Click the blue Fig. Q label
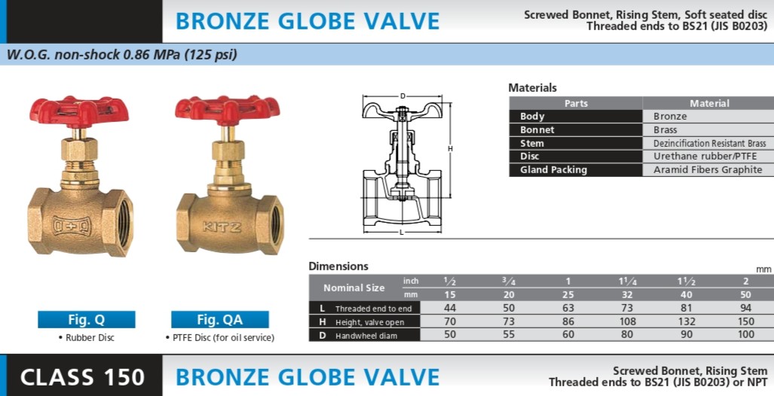[87, 319]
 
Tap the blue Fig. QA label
[220, 319]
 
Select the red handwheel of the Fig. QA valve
[228, 110]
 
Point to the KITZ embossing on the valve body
[222, 227]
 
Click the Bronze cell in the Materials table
[670, 117]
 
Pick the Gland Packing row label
[553, 169]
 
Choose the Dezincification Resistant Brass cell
[710, 144]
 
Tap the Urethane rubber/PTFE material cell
[705, 157]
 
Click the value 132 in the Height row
[686, 321]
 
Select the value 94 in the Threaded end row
[746, 308]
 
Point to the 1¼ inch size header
[627, 281]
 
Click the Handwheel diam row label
[366, 335]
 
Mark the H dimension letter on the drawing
[450, 148]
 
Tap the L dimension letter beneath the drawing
[401, 233]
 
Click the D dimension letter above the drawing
[402, 96]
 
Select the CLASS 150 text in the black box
[82, 377]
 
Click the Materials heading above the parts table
[532, 88]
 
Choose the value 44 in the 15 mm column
[450, 308]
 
